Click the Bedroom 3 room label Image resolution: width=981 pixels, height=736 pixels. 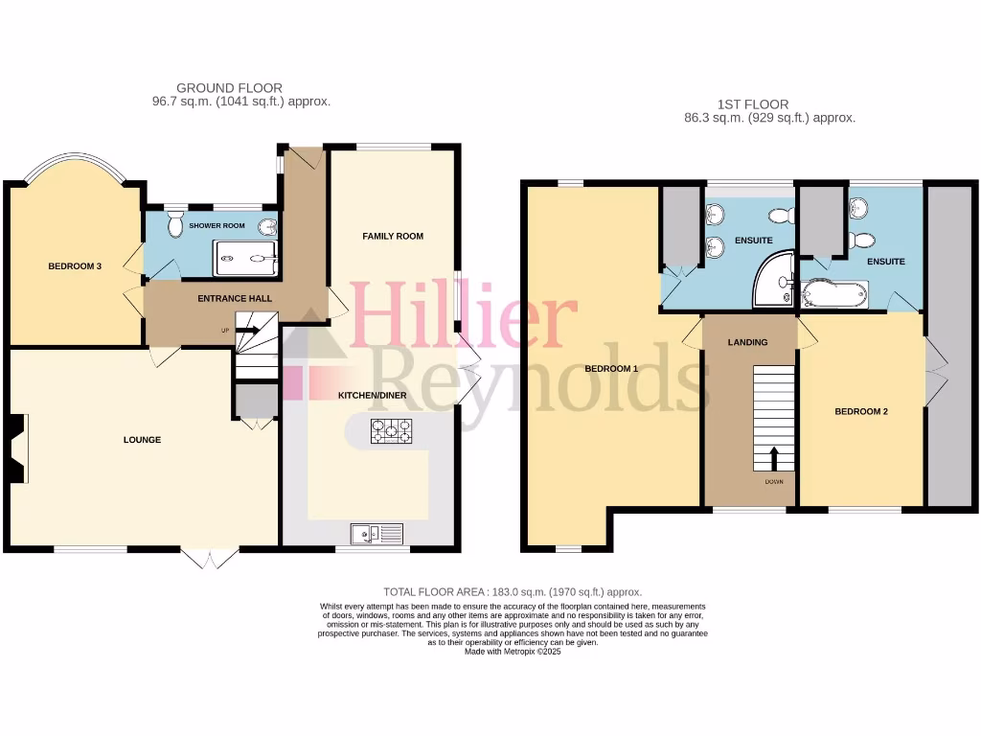click(75, 266)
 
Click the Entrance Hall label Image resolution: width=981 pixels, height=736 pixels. click(235, 298)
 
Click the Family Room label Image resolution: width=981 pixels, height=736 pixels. click(392, 236)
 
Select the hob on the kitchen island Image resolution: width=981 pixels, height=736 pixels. click(392, 431)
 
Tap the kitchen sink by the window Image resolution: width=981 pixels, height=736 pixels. click(376, 534)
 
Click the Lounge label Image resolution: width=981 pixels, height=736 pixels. click(142, 440)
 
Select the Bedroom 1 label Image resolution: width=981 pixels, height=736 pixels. click(611, 369)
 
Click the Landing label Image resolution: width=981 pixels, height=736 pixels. click(747, 342)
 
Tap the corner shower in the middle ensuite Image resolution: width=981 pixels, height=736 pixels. click(775, 280)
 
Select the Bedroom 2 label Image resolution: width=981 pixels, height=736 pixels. click(861, 411)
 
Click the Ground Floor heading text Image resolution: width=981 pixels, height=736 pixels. click(229, 88)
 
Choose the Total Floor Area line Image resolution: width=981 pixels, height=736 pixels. click(513, 592)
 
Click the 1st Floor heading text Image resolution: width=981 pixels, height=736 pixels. click(753, 104)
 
